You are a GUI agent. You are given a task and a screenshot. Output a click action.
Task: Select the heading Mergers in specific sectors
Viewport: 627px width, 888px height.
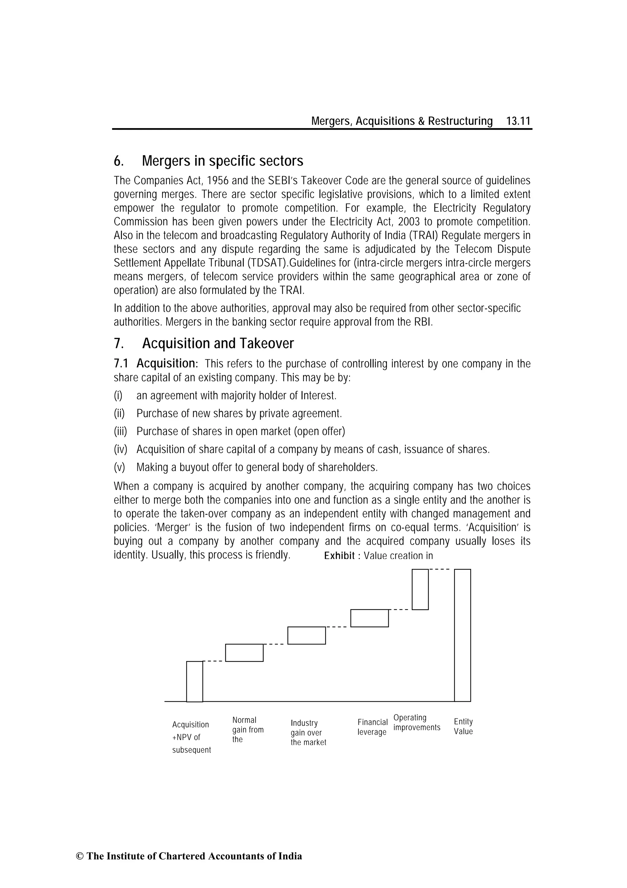point(223,161)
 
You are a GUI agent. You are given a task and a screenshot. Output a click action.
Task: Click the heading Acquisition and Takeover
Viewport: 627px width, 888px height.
point(218,343)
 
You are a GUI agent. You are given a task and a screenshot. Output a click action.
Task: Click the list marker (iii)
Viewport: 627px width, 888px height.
point(120,431)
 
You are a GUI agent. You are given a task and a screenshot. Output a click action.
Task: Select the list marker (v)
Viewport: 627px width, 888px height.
point(119,467)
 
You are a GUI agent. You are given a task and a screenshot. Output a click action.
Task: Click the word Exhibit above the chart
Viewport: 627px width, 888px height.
point(339,556)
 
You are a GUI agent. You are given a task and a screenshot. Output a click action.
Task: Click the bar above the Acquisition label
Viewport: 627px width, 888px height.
point(194,681)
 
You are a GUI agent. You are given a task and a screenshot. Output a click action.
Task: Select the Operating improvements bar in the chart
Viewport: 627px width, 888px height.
point(420,589)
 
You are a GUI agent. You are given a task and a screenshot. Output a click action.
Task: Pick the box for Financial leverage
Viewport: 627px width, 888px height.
point(369,618)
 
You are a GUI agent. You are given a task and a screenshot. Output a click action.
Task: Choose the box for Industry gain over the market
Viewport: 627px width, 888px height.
point(306,635)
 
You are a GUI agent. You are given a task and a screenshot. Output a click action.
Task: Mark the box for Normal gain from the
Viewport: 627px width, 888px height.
point(244,653)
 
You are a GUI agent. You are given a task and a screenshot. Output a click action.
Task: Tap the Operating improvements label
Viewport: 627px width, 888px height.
point(416,722)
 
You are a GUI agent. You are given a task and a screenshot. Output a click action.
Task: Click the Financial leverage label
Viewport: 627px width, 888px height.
point(372,727)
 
